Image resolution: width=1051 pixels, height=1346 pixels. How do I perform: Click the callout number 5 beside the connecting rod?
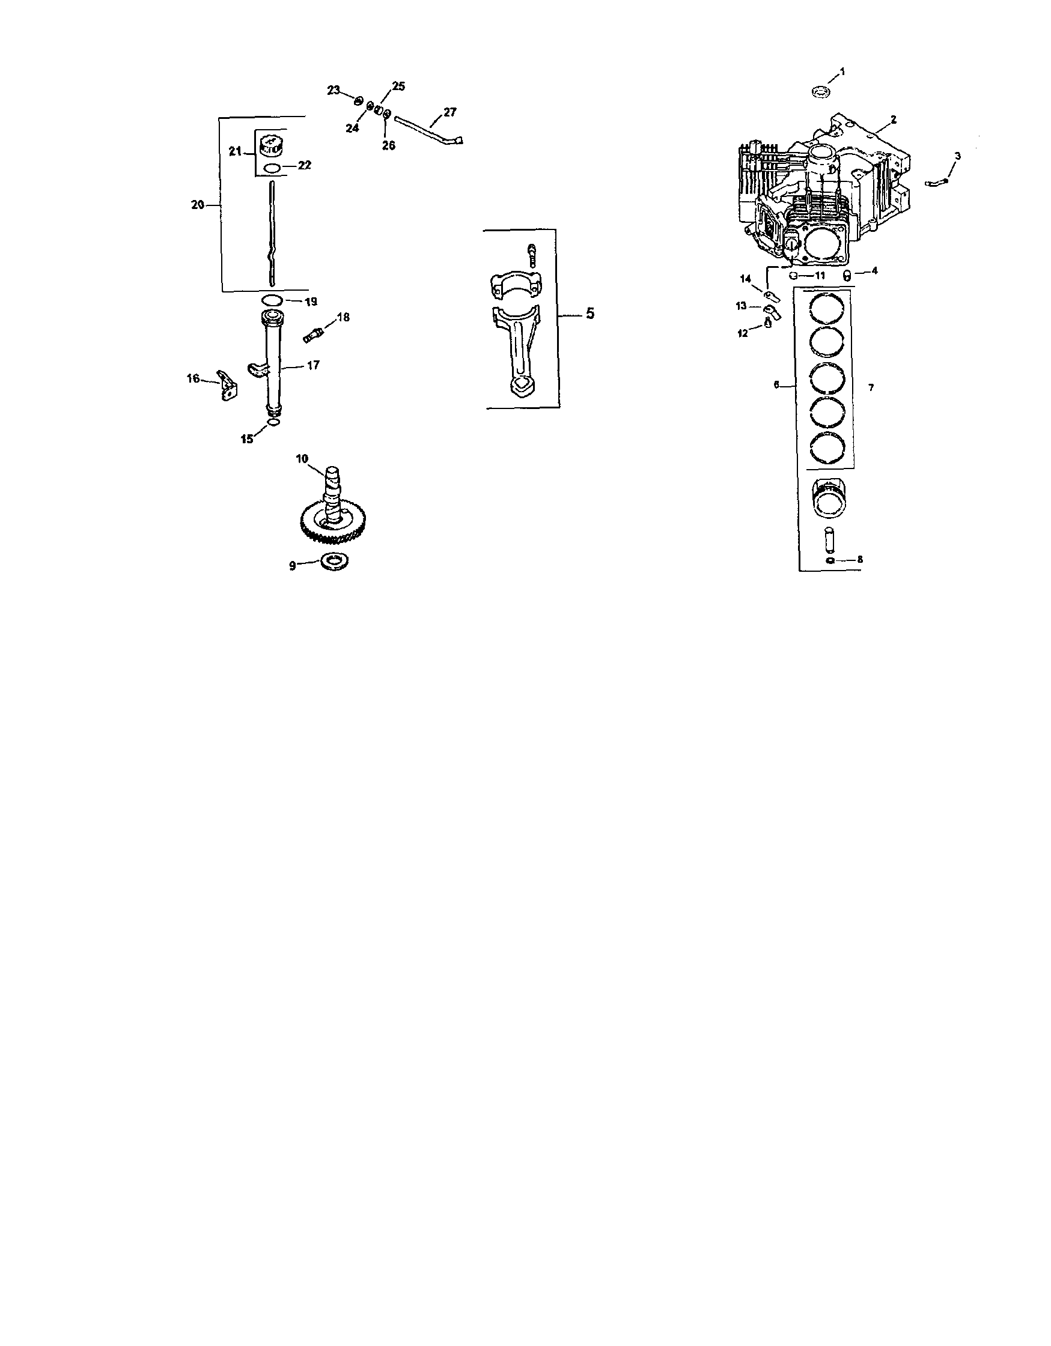click(x=590, y=314)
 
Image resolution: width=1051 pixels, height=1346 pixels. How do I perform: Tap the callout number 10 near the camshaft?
click(x=302, y=458)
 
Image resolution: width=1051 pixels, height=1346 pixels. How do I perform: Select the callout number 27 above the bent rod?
click(x=449, y=112)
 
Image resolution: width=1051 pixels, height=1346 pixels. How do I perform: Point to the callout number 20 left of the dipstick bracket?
click(x=198, y=205)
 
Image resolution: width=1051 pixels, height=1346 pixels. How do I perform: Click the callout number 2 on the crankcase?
click(x=894, y=120)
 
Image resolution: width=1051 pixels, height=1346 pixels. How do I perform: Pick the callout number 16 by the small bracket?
click(x=193, y=378)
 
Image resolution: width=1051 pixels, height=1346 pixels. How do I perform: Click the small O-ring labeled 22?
click(x=272, y=168)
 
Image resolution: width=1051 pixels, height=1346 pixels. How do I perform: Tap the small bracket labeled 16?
click(x=228, y=384)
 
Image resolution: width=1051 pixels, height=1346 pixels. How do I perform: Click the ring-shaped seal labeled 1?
click(x=820, y=92)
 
